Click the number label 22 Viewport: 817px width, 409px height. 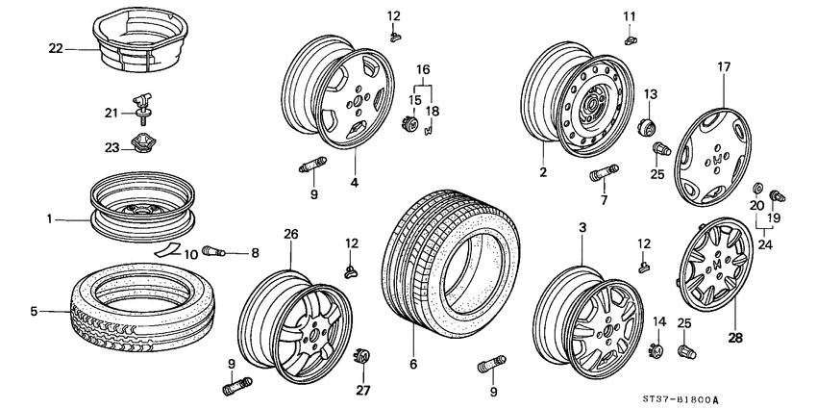coord(55,46)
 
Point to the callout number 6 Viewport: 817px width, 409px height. coord(414,365)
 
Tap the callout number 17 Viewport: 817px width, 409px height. coord(723,66)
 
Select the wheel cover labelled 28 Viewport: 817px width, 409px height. coord(715,269)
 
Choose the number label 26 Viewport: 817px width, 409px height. coord(291,234)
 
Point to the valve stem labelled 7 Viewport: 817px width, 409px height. coord(599,176)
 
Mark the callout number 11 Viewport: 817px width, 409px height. coord(630,15)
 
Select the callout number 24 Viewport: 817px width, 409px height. coord(766,244)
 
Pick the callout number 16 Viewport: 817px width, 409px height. coord(423,70)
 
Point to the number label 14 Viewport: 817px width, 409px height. coord(658,320)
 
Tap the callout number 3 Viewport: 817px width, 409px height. coord(581,226)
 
